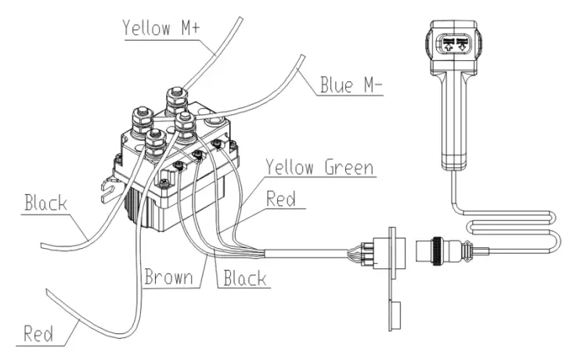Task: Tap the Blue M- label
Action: pyautogui.click(x=350, y=84)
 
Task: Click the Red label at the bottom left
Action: pyautogui.click(x=38, y=335)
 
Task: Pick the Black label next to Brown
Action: pyautogui.click(x=244, y=278)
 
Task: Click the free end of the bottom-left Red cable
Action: pyautogui.click(x=49, y=291)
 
